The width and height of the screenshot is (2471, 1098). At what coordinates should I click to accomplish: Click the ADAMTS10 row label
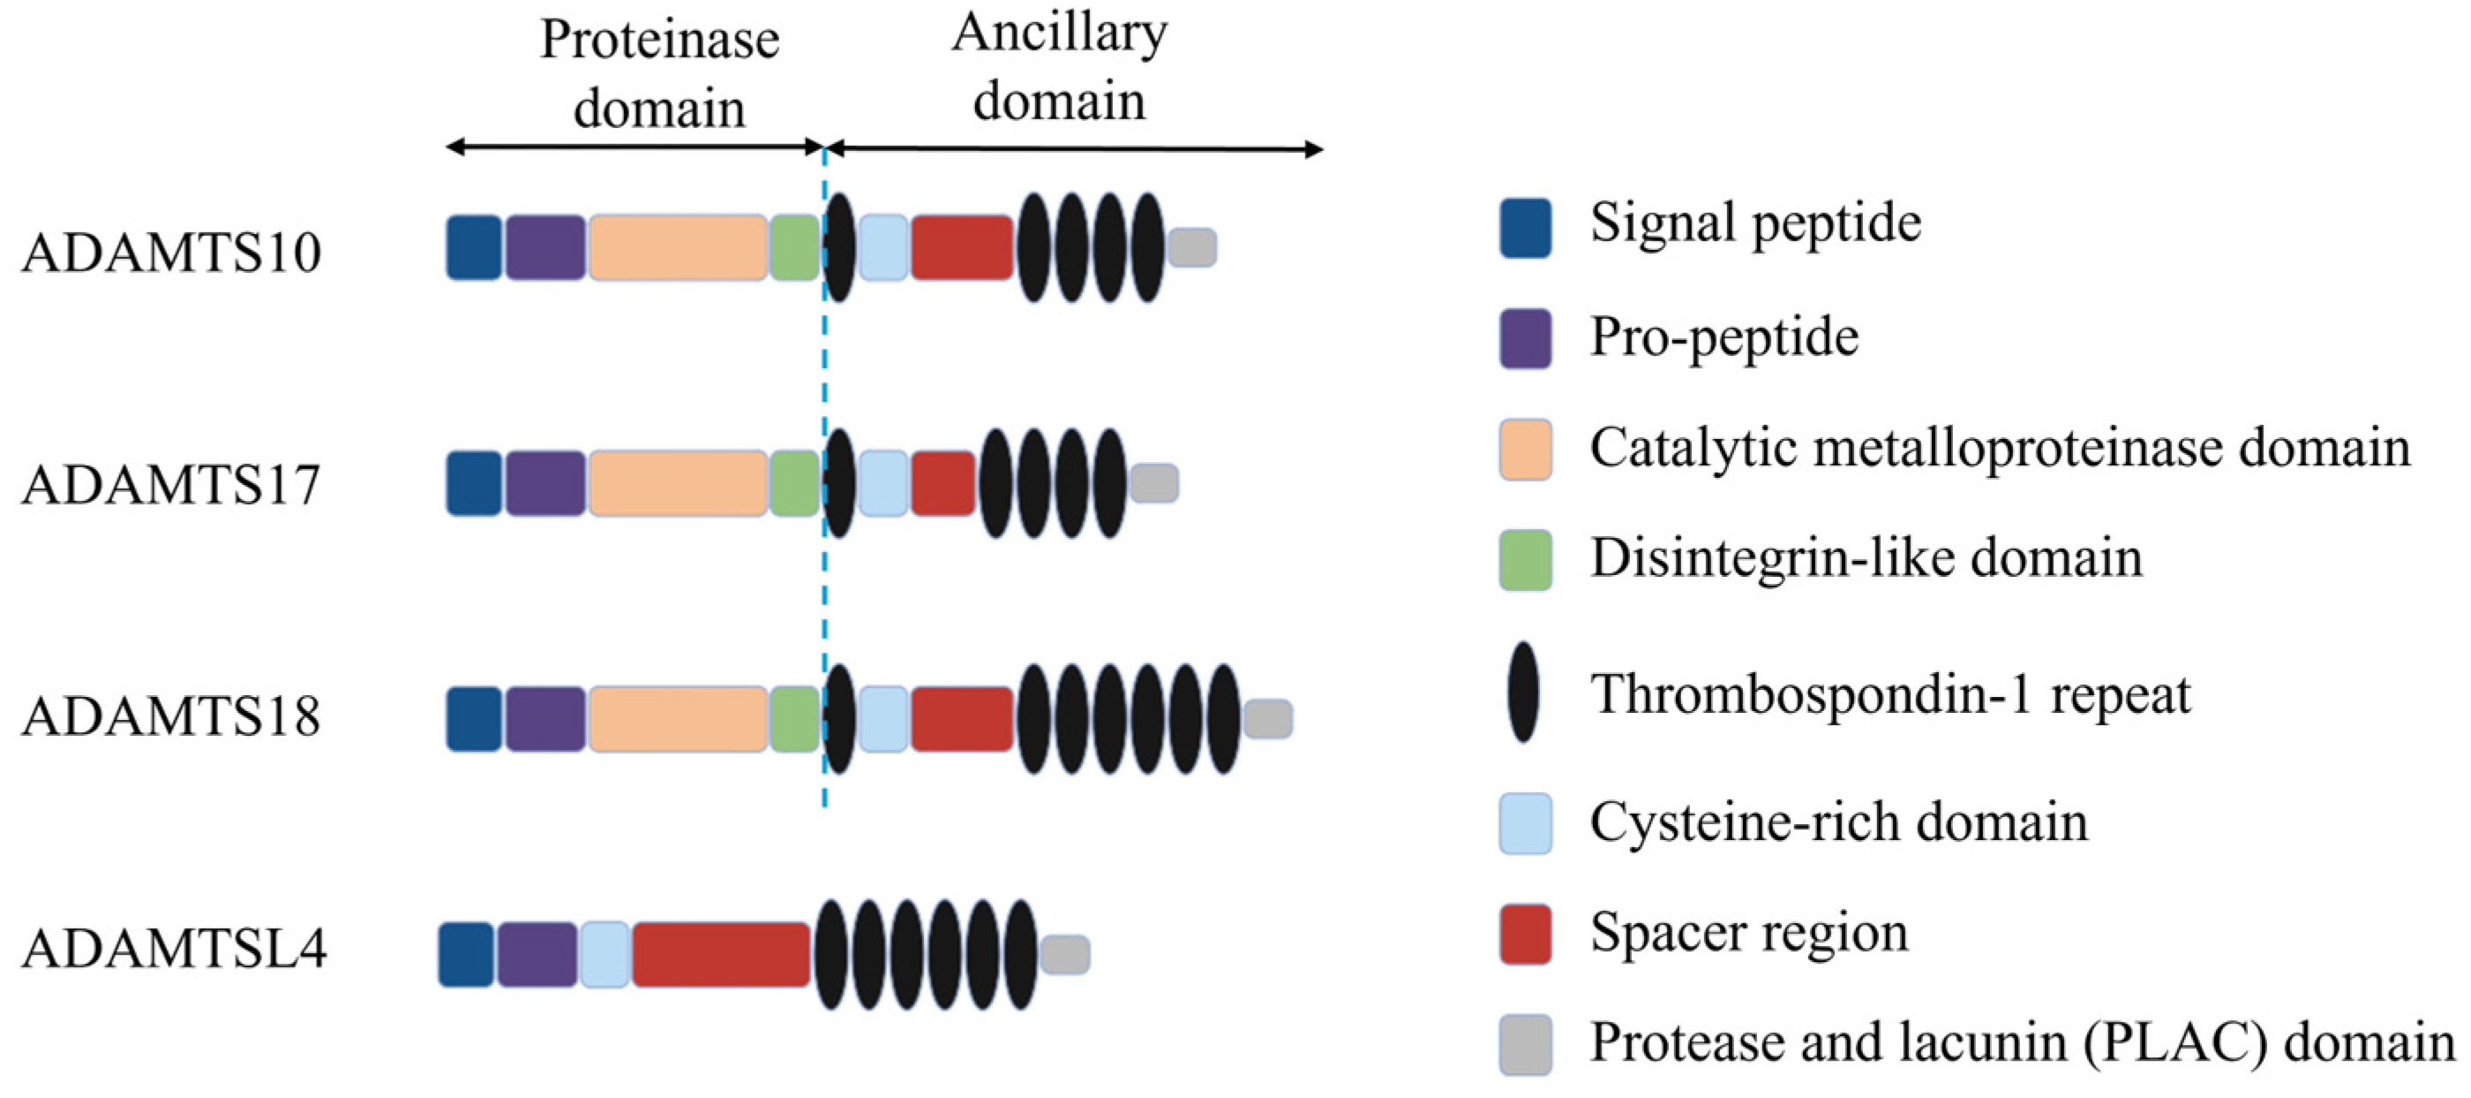[170, 254]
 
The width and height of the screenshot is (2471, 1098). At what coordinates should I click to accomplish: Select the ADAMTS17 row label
[170, 485]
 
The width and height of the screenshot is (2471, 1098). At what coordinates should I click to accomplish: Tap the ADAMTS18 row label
[170, 717]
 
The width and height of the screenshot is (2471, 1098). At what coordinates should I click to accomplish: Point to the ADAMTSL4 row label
[174, 950]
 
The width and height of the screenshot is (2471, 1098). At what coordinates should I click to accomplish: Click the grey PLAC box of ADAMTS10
[1192, 247]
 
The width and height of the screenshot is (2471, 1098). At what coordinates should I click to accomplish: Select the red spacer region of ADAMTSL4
[721, 954]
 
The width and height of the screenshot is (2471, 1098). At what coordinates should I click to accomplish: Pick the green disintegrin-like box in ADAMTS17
[794, 484]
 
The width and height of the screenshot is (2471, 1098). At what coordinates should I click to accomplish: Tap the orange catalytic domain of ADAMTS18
[678, 719]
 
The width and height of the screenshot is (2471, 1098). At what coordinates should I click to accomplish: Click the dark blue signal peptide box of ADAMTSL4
[466, 954]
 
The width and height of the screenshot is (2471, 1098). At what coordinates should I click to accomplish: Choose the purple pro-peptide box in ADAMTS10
[545, 247]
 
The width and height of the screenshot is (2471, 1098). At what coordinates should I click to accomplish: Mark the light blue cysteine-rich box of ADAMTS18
[882, 719]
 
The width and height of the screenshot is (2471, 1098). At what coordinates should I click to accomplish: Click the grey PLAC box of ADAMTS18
[1267, 719]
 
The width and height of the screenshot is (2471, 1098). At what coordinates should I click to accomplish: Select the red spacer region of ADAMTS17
[943, 484]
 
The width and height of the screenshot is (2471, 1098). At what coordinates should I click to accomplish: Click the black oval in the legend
[1523, 692]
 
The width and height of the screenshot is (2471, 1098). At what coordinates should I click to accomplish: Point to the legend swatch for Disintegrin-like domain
[1525, 559]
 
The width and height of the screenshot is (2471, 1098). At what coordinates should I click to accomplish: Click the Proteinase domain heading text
[659, 74]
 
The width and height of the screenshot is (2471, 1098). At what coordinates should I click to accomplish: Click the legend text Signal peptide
[1755, 223]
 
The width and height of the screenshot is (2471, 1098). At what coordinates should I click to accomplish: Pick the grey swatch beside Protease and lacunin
[1525, 1044]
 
